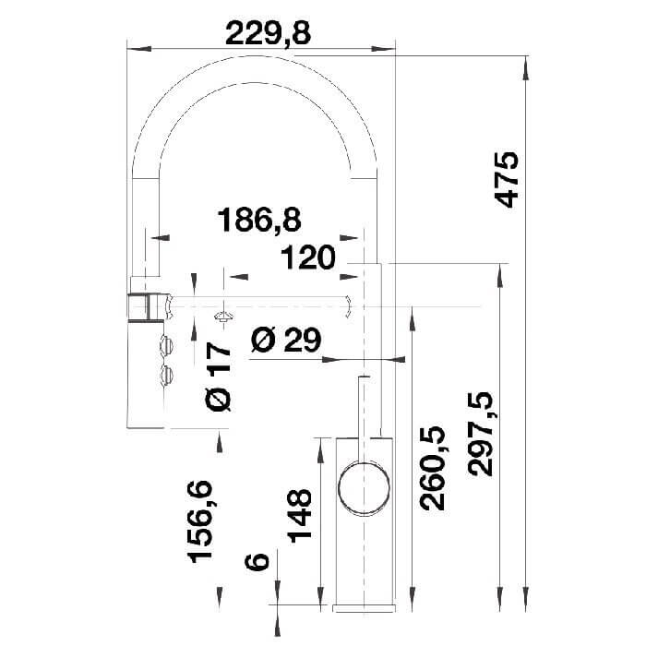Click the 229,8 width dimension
(269, 33)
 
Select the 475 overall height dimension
(507, 180)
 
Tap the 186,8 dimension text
(259, 220)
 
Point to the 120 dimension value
(308, 257)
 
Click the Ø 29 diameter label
(286, 341)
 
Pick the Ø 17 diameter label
(218, 377)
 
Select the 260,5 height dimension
(432, 468)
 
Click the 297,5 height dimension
(480, 434)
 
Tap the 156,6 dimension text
(200, 521)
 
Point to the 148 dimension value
(299, 515)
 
